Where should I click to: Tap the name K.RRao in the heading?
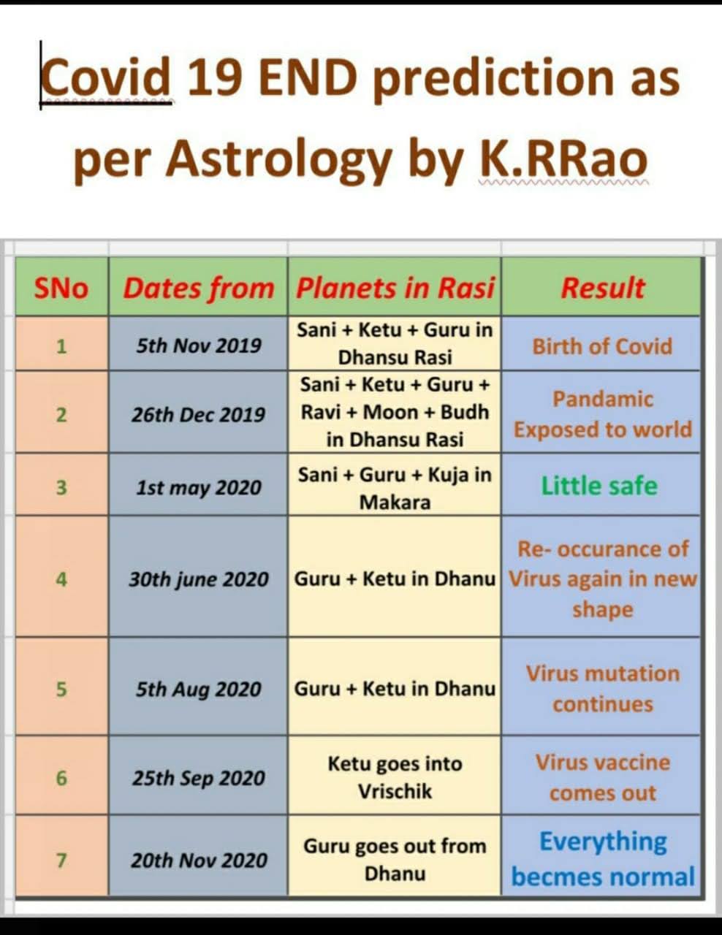[x=563, y=160]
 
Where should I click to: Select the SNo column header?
[x=61, y=288]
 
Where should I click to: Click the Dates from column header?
[x=199, y=289]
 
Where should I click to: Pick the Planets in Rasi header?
[x=395, y=288]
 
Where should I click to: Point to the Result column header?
[x=602, y=288]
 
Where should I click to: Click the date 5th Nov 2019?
[x=199, y=346]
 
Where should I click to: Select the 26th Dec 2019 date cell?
[x=198, y=414]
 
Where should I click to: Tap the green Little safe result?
[x=599, y=486]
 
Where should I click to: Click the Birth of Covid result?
[x=602, y=346]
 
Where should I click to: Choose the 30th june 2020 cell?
[x=199, y=579]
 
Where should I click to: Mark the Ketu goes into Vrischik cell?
[x=395, y=777]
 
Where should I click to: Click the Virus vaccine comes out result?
[x=602, y=777]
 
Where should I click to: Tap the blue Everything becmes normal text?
[x=603, y=859]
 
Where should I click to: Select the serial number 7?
[x=61, y=860]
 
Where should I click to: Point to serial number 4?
[x=61, y=579]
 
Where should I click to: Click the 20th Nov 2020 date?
[x=199, y=860]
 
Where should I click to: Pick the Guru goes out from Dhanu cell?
[x=395, y=860]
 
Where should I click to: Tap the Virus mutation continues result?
[x=602, y=689]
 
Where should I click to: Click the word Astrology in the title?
[x=278, y=163]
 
